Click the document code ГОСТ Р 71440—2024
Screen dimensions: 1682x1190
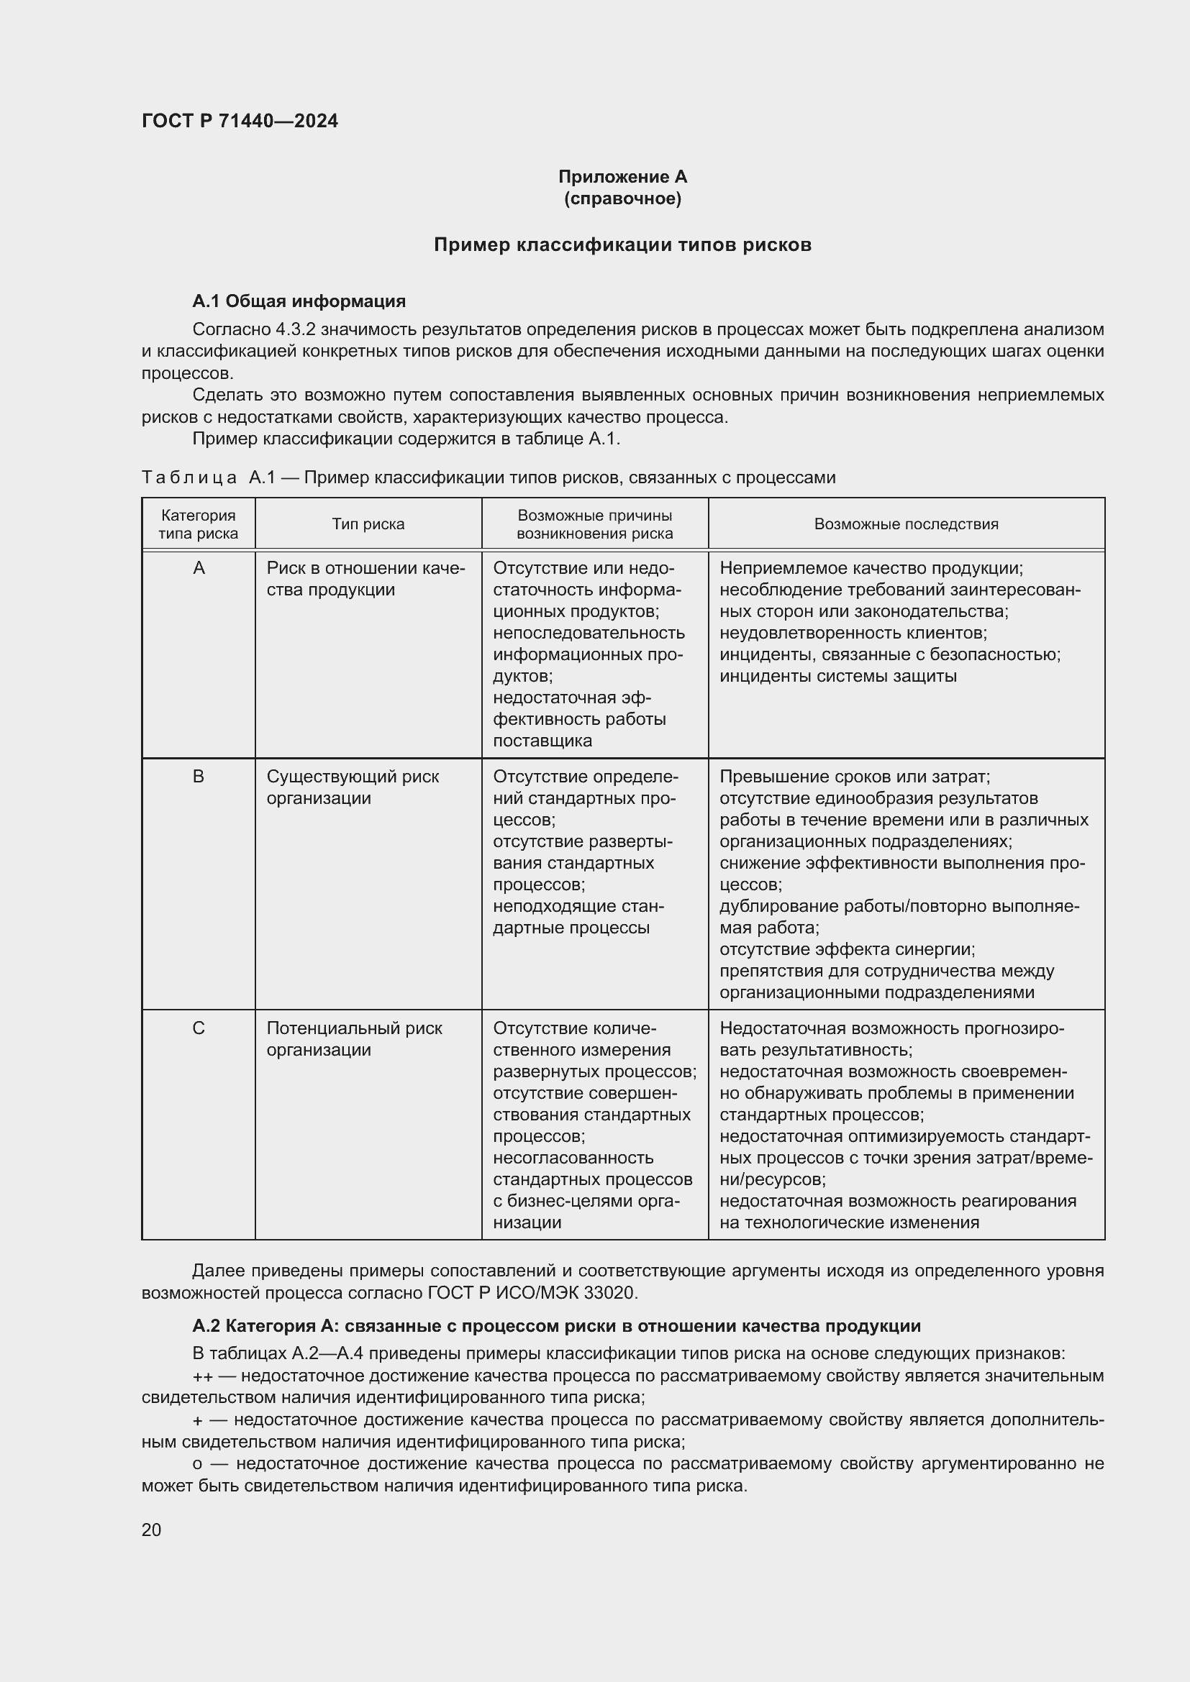click(x=240, y=121)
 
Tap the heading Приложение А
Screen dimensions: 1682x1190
click(x=622, y=177)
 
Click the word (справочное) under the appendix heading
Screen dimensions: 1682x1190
click(x=622, y=198)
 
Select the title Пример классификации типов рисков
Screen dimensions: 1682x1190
click(x=622, y=244)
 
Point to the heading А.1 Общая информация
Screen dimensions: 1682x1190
click(x=299, y=301)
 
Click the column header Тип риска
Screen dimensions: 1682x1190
click(x=368, y=524)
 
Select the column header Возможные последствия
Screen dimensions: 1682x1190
click(x=906, y=524)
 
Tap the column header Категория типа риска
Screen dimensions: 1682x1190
click(x=198, y=524)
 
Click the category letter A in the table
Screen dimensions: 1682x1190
click(x=199, y=568)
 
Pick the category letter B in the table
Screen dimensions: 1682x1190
click(x=199, y=776)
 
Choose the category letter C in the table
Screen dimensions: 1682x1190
click(x=199, y=1028)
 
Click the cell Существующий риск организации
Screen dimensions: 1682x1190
click(x=353, y=787)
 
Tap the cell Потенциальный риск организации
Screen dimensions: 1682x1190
click(x=354, y=1039)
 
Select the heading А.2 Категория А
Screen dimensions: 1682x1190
click(x=556, y=1326)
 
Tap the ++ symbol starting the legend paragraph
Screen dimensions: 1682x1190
click(x=202, y=1376)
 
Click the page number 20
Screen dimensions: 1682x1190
click(x=152, y=1530)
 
